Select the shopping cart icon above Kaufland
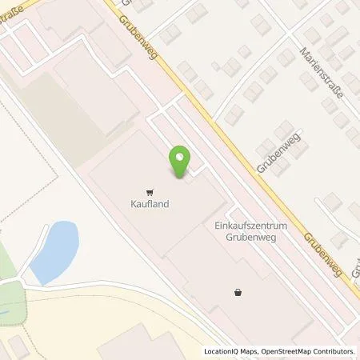click(150, 192)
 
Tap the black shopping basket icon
click(237, 293)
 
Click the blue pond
click(56, 249)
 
